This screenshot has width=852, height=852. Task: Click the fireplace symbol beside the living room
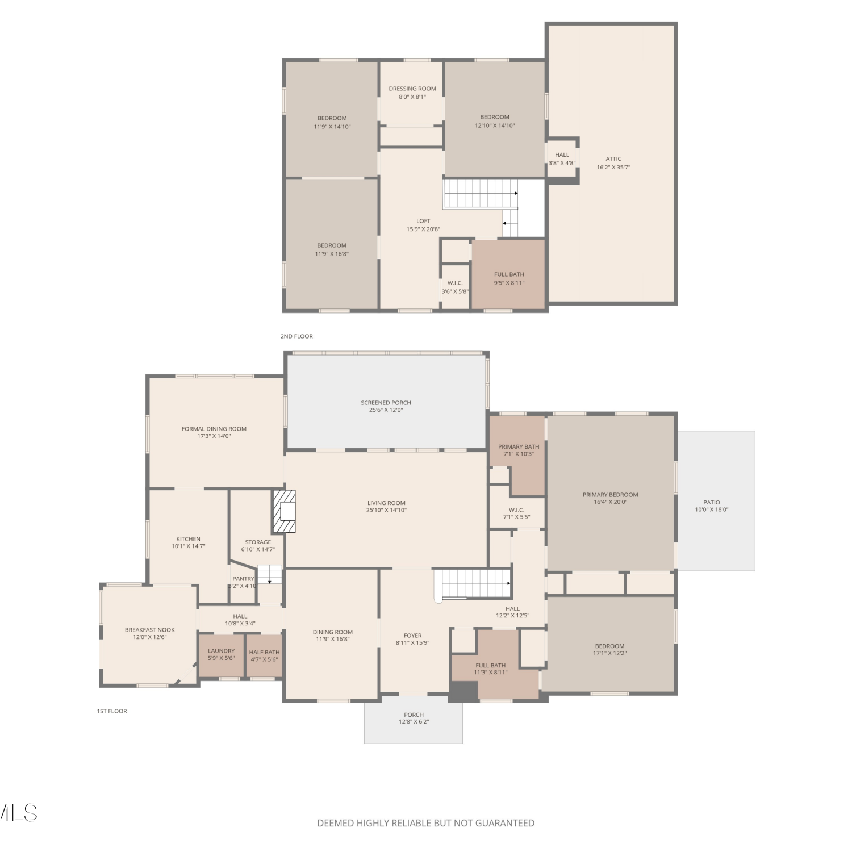pyautogui.click(x=285, y=511)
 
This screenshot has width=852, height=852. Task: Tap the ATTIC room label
pyautogui.click(x=613, y=159)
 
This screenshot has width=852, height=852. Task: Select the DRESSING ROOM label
pyautogui.click(x=412, y=89)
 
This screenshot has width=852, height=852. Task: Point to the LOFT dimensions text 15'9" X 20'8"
pyautogui.click(x=423, y=229)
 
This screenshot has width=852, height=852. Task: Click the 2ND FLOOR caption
pyautogui.click(x=296, y=336)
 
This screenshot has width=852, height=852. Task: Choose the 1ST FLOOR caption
pyautogui.click(x=112, y=711)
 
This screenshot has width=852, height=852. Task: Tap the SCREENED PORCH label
pyautogui.click(x=386, y=403)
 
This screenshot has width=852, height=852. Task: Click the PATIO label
pyautogui.click(x=712, y=503)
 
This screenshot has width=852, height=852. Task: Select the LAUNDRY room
pyautogui.click(x=222, y=655)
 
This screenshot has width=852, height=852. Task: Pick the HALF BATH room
pyautogui.click(x=265, y=655)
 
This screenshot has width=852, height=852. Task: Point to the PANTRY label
pyautogui.click(x=243, y=579)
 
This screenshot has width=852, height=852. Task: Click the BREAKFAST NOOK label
pyautogui.click(x=150, y=630)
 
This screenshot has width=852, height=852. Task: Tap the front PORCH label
pyautogui.click(x=414, y=715)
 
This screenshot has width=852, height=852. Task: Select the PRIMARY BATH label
pyautogui.click(x=519, y=447)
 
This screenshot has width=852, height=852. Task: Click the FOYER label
pyautogui.click(x=413, y=636)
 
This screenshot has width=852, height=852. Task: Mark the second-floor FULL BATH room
pyautogui.click(x=509, y=274)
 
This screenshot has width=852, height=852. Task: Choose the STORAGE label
pyautogui.click(x=258, y=542)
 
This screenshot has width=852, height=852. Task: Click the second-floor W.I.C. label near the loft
pyautogui.click(x=455, y=283)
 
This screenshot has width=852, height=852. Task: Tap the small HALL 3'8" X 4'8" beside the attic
pyautogui.click(x=562, y=159)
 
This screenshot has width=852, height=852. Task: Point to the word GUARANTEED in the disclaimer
pyautogui.click(x=505, y=823)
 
